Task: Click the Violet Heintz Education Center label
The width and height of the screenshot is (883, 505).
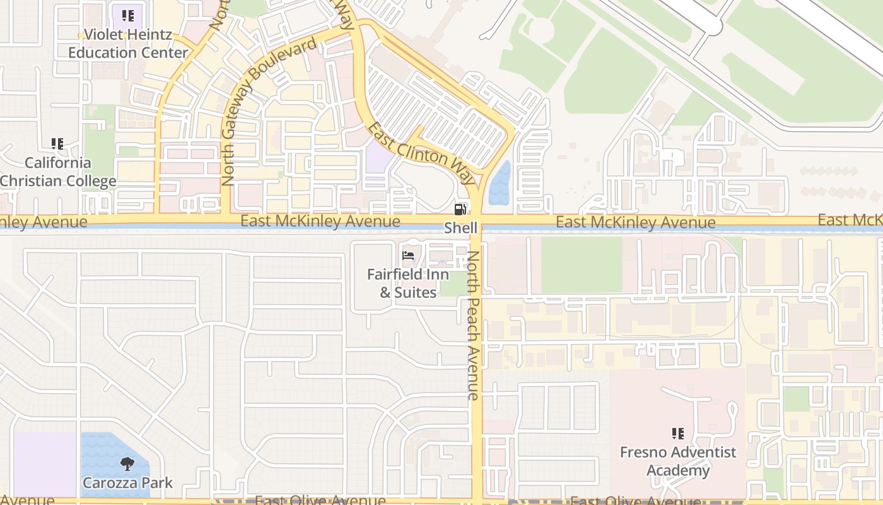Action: (128, 44)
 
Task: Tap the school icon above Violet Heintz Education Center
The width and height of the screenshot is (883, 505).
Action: (128, 16)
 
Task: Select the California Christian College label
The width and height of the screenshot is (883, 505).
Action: (58, 172)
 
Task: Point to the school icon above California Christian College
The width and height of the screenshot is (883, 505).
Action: (57, 144)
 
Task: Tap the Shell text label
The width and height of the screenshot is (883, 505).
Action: (460, 228)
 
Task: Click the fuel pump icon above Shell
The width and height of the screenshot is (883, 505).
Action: (460, 210)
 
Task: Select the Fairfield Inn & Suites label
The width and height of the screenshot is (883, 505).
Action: (408, 283)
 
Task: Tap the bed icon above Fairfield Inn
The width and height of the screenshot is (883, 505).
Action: (408, 256)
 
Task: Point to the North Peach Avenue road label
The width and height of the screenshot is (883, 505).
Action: (473, 325)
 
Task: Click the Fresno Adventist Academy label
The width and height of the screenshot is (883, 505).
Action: (678, 461)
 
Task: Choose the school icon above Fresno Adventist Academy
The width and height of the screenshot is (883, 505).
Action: (678, 434)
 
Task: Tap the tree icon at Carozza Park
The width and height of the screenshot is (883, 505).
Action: (127, 464)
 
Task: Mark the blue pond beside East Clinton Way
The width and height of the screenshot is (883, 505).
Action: (500, 184)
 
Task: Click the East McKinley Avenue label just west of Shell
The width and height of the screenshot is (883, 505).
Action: (320, 221)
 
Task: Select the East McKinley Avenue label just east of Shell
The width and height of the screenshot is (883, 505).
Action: (635, 222)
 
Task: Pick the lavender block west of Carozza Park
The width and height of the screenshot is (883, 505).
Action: (44, 464)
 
